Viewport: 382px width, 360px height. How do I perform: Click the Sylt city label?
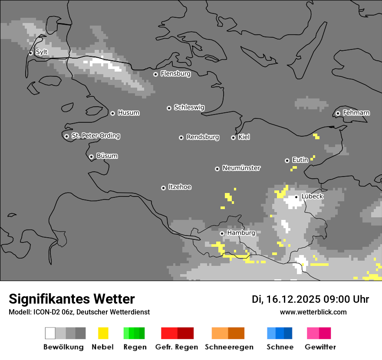pos(42,52)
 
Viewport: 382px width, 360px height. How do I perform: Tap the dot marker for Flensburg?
pos(155,74)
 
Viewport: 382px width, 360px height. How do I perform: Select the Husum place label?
pos(128,113)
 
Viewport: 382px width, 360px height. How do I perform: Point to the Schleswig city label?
pos(189,107)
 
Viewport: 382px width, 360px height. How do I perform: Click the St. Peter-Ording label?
pos(95,136)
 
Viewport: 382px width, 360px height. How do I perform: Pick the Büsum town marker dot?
pos(91,157)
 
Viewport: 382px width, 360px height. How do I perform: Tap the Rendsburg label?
pos(203,137)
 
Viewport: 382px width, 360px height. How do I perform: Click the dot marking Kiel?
pos(233,137)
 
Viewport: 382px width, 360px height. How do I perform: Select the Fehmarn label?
pos(356,113)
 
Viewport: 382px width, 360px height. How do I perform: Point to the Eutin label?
pos(300,160)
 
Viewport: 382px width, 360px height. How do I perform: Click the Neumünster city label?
pos(241,168)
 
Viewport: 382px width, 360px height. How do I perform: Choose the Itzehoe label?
pos(180,187)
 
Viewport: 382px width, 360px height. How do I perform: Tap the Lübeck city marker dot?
pos(296,197)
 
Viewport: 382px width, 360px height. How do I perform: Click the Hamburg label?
pos(241,233)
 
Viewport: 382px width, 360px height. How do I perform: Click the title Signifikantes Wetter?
pos(72,299)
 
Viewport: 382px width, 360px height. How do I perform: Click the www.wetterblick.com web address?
pos(313,312)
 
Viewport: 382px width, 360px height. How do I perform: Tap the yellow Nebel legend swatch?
pos(103,333)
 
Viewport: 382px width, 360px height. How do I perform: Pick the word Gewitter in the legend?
pos(320,347)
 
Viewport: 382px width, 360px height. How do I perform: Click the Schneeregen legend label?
pos(229,347)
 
